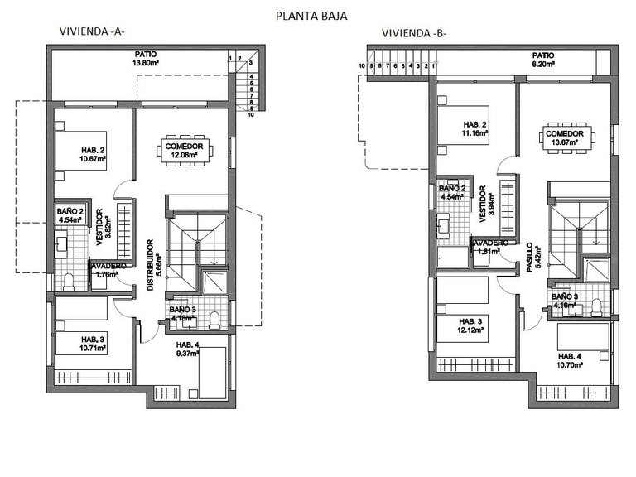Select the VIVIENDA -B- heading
point(414,33)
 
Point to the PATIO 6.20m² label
point(543,59)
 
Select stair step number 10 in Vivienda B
point(362,64)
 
